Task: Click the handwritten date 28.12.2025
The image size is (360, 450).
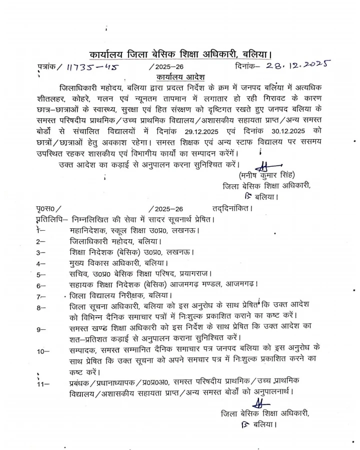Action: tap(296, 66)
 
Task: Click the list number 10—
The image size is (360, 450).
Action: tap(43, 351)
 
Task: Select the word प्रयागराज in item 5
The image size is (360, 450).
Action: tap(195, 274)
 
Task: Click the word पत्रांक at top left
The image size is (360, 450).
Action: tap(48, 67)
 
